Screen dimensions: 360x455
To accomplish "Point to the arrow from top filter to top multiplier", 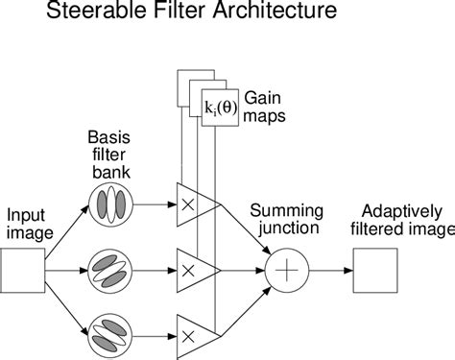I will [154, 204].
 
